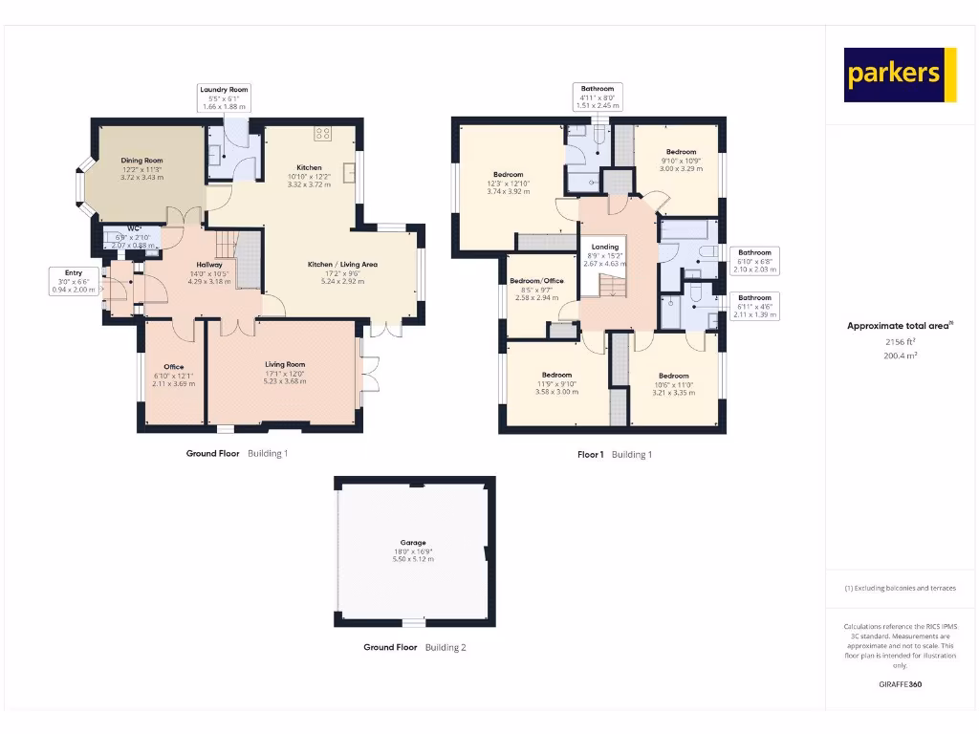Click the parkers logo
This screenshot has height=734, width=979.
point(900,75)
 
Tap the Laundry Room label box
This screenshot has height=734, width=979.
point(224,97)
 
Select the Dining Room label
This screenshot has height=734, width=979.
point(141,168)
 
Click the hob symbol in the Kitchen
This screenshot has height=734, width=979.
point(323,133)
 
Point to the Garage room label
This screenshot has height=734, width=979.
point(413,550)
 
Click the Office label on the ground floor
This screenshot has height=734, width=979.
point(173,375)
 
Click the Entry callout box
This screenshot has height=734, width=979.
point(74,281)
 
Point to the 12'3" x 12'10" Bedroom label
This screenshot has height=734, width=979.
point(508,182)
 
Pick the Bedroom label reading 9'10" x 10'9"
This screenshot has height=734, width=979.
point(681,160)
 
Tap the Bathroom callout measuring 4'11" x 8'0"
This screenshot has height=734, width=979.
point(598,97)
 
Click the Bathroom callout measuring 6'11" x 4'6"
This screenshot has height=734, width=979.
point(753,306)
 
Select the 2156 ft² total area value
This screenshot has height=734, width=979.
point(900,341)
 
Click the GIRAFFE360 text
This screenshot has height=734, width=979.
point(900,684)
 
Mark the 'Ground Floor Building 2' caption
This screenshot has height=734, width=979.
point(414,647)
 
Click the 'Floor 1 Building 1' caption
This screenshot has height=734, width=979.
point(614,455)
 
